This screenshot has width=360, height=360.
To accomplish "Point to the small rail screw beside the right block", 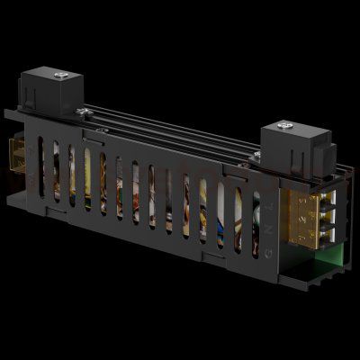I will (x=256, y=155).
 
